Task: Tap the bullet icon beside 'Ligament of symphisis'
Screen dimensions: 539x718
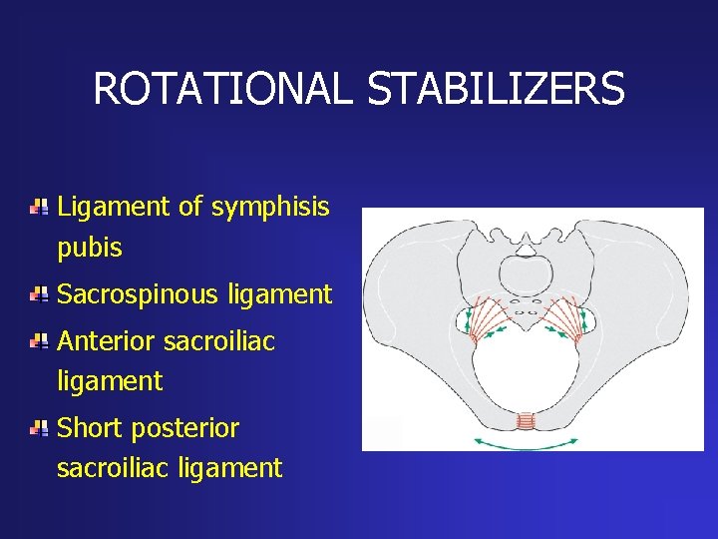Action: coord(38,208)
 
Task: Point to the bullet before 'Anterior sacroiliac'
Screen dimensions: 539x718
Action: coord(38,342)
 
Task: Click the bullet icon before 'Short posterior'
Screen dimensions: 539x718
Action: coord(38,429)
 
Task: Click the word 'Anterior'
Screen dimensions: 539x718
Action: coord(106,342)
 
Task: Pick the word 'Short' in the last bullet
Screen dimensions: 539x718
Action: coord(91,429)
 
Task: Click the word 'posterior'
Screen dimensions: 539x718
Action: coord(194,429)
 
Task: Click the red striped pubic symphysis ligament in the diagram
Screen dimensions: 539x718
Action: coord(526,421)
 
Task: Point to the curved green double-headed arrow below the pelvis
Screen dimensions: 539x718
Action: coord(526,442)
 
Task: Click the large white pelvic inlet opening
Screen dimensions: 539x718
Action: coord(525,369)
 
